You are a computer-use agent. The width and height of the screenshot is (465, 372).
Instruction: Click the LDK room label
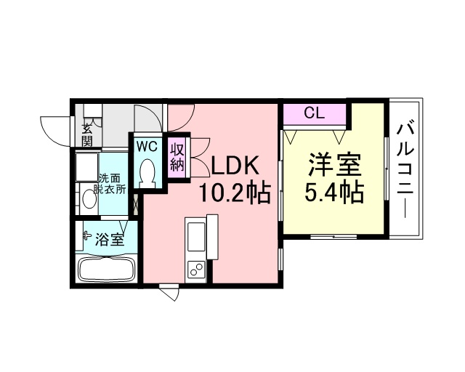[235, 166]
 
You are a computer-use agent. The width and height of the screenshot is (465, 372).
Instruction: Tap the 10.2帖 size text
[235, 193]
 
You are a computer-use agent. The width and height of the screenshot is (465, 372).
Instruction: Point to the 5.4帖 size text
[334, 192]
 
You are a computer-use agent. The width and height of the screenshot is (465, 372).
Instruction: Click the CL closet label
[315, 113]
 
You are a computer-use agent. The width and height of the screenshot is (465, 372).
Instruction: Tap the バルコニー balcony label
[405, 171]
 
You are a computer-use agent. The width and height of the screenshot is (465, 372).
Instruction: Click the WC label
[147, 146]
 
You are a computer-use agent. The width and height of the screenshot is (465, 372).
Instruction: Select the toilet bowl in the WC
[147, 171]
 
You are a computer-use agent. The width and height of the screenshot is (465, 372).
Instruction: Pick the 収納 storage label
[177, 158]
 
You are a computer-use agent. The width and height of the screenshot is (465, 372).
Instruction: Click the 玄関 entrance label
[86, 135]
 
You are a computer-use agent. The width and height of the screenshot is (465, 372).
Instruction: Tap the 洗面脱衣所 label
[110, 184]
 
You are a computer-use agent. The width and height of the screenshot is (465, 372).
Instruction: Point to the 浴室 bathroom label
[109, 239]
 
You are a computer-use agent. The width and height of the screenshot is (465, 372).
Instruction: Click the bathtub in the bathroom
[107, 270]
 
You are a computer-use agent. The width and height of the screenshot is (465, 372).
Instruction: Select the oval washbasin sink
[89, 198]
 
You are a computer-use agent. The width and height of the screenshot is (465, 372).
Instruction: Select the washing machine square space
[87, 166]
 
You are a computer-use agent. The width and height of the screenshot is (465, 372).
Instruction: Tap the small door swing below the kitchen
[171, 293]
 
